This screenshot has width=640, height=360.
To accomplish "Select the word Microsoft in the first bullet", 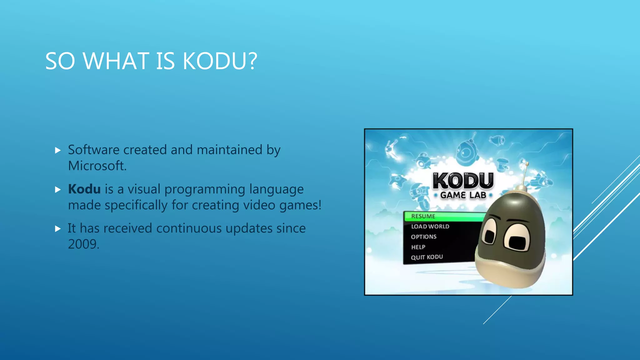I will click(97, 166).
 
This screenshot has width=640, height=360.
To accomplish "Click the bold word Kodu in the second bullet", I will click(84, 189).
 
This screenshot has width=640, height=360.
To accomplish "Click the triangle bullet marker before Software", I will click(58, 150).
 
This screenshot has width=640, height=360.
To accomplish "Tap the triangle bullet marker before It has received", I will click(58, 229).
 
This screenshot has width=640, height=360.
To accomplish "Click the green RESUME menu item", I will click(423, 216).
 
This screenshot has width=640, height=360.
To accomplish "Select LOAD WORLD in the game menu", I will click(430, 226).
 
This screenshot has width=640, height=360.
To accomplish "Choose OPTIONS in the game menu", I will click(423, 237).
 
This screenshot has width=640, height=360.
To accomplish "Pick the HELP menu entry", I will click(418, 247).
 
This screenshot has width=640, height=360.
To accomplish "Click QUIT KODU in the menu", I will click(427, 257).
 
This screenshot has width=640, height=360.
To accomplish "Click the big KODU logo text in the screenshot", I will click(463, 180).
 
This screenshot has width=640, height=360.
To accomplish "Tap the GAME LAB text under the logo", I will click(463, 195).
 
